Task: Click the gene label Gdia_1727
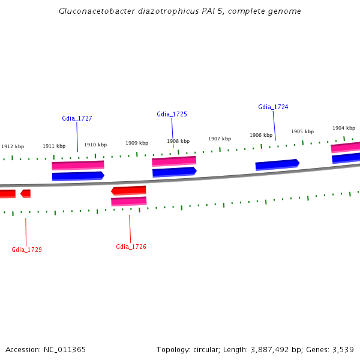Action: [77, 118]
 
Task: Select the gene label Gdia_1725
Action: [172, 114]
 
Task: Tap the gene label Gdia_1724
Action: [273, 107]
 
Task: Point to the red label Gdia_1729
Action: [26, 250]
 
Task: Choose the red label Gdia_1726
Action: [131, 247]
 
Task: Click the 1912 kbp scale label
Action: [13, 146]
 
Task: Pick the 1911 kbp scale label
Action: [54, 146]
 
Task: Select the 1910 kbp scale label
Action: [95, 145]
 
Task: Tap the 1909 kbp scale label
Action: [137, 143]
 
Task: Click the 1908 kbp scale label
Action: [178, 141]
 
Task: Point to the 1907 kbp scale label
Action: [220, 139]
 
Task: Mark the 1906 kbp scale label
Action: [261, 135]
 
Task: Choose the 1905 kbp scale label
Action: [302, 131]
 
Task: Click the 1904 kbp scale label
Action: [344, 128]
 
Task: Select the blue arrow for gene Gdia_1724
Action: [277, 164]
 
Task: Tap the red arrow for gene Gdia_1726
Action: [128, 190]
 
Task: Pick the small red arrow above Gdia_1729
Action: [25, 193]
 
